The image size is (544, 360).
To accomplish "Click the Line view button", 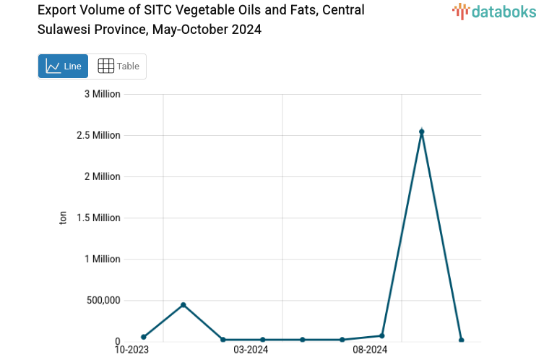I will (x=63, y=67).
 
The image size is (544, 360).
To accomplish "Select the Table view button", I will (x=118, y=67).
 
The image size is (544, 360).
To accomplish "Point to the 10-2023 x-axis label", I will (x=132, y=350).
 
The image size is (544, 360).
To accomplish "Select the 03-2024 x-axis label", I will (x=251, y=350).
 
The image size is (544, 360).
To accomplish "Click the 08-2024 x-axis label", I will (x=370, y=350).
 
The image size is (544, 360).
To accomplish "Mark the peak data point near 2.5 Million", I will (x=421, y=132).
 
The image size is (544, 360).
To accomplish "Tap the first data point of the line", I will (x=144, y=337).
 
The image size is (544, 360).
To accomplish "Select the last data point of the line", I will (x=461, y=340).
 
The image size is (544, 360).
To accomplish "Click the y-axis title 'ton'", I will (x=63, y=218).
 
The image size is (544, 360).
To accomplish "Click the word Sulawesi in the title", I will (x=64, y=30).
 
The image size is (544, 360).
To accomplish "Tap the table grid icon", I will (x=105, y=67).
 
